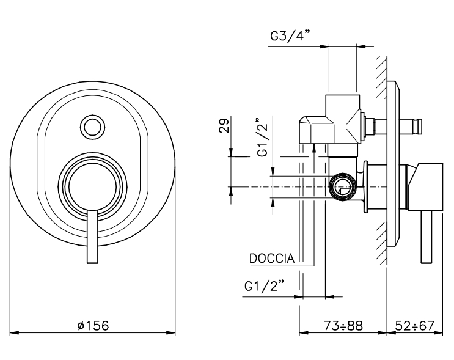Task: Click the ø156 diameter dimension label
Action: pos(93,326)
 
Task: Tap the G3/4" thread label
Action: pos(290,36)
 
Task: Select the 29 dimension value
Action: pos(224,127)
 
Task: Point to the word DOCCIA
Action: pos(273,259)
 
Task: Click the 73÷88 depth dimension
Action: pos(343,326)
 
